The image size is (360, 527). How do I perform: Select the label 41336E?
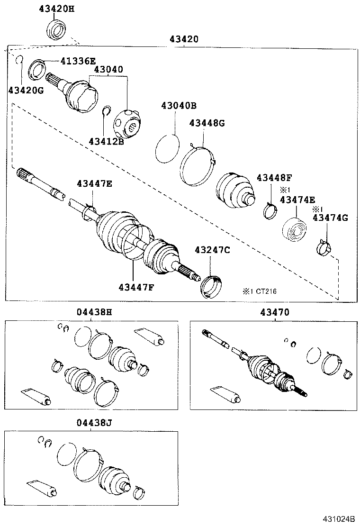pos(78,61)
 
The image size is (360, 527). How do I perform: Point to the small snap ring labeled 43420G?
pos(19,60)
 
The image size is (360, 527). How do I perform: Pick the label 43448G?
pos(207,123)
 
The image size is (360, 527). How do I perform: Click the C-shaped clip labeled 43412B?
pos(107,111)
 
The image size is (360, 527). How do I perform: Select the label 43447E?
pos(95,183)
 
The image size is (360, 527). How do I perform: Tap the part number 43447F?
pos(136,287)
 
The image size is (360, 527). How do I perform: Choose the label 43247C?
pos(212,250)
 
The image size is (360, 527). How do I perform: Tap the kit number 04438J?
pos(94,422)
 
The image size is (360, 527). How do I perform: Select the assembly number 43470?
pos(275,312)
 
